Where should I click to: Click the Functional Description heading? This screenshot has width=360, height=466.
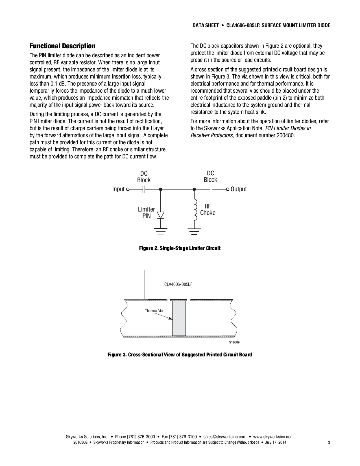[x=62, y=46]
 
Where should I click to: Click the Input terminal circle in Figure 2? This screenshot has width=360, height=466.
[x=128, y=189]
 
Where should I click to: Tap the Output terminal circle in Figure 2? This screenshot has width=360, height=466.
[x=228, y=189]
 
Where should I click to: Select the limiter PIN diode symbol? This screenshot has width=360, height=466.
[x=161, y=215]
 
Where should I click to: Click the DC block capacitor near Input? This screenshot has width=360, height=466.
[x=144, y=189]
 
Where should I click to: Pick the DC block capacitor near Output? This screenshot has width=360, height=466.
[x=211, y=189]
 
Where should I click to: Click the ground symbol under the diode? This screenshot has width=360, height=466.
[x=161, y=231]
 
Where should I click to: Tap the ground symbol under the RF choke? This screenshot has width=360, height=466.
[x=194, y=231]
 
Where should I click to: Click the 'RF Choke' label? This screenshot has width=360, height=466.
[x=208, y=210]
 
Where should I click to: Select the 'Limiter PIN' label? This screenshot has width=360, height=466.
[x=146, y=213]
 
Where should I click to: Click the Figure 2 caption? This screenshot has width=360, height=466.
[x=180, y=248]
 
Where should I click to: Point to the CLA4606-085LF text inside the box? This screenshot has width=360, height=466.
[x=178, y=284]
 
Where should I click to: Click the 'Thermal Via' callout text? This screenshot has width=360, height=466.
[x=154, y=311]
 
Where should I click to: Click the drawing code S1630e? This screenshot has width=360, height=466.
[x=234, y=342]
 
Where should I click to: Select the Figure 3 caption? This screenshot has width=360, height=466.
[x=180, y=355]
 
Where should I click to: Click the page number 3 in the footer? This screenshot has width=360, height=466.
[x=329, y=442]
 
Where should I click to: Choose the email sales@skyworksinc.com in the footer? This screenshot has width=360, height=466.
[x=225, y=437]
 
